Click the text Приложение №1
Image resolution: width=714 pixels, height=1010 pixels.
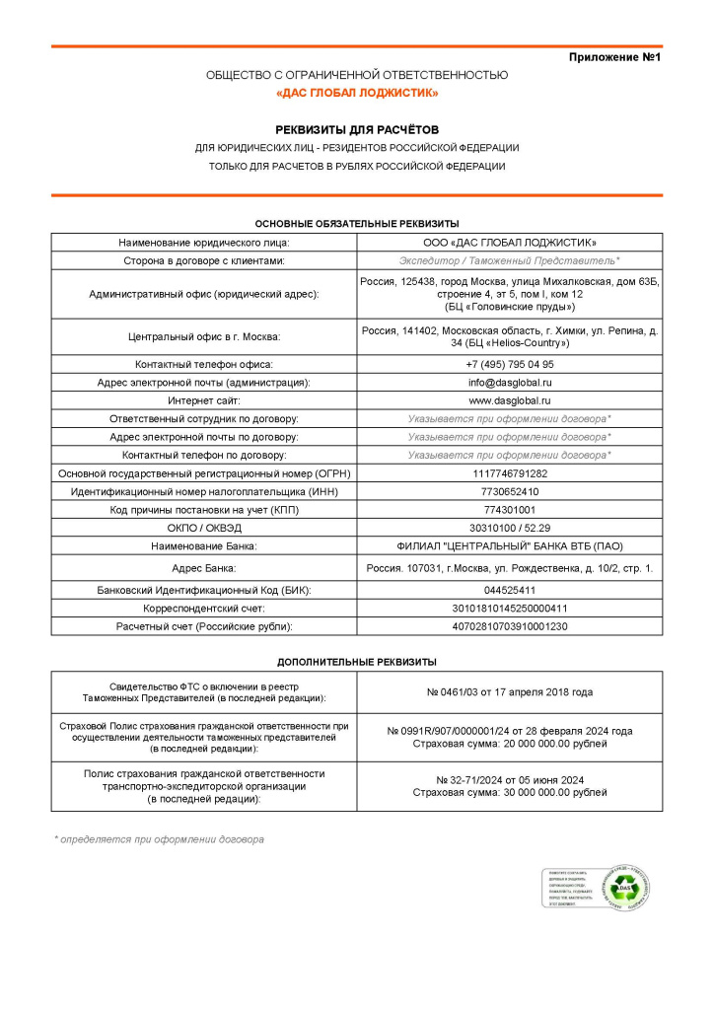tap(613, 58)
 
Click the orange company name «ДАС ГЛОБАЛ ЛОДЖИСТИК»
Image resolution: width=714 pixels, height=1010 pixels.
tap(357, 93)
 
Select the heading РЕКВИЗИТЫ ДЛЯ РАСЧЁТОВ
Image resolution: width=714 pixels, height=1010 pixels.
tap(357, 129)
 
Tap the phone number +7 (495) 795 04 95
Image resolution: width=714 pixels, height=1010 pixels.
tap(509, 365)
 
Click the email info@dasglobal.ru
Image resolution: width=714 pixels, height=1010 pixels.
tap(509, 383)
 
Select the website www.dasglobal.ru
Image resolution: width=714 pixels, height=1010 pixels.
tap(509, 400)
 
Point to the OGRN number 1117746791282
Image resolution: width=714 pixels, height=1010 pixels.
tap(509, 473)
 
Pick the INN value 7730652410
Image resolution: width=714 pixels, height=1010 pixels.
tap(509, 491)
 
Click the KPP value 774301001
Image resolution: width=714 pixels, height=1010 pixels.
tap(509, 510)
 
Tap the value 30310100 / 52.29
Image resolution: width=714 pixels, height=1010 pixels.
tap(509, 528)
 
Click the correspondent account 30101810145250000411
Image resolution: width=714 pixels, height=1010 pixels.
tap(509, 609)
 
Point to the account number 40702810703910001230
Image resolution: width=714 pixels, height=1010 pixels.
tap(509, 626)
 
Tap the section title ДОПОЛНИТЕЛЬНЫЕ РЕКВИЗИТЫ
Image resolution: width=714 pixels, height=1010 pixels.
tap(357, 662)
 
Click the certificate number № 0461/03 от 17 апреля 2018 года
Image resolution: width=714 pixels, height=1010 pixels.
tap(509, 692)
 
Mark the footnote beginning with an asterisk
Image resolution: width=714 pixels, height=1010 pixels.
tap(159, 839)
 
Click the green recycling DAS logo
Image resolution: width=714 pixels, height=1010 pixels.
tap(624, 890)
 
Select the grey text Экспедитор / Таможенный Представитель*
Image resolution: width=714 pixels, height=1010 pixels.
tap(509, 260)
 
